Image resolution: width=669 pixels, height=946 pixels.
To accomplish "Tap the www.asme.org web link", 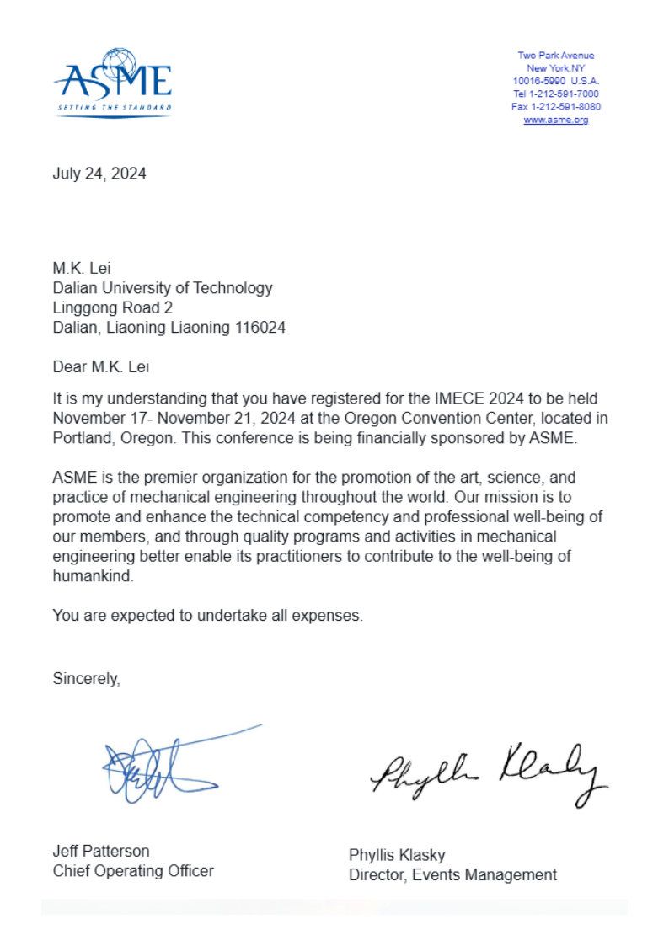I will [x=555, y=120].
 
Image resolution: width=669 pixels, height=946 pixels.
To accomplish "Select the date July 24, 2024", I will [x=99, y=174].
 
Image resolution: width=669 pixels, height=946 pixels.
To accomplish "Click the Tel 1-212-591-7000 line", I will [x=555, y=94].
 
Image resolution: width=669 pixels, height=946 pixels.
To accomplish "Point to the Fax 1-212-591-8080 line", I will [x=555, y=107].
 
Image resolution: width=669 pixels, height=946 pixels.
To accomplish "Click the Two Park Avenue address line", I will [x=555, y=56].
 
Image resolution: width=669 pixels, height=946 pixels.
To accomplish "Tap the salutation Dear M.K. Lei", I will [x=104, y=367].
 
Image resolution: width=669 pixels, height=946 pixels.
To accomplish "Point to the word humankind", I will [x=93, y=578].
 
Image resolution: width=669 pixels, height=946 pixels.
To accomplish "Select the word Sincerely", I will [x=86, y=678].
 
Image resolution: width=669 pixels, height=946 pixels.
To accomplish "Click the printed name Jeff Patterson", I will [x=101, y=851].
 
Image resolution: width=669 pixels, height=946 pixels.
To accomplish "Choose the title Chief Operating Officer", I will [x=133, y=871].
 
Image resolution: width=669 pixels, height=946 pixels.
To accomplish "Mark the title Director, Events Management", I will [x=452, y=875].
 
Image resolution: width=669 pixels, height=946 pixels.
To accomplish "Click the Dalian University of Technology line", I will [x=163, y=287].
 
